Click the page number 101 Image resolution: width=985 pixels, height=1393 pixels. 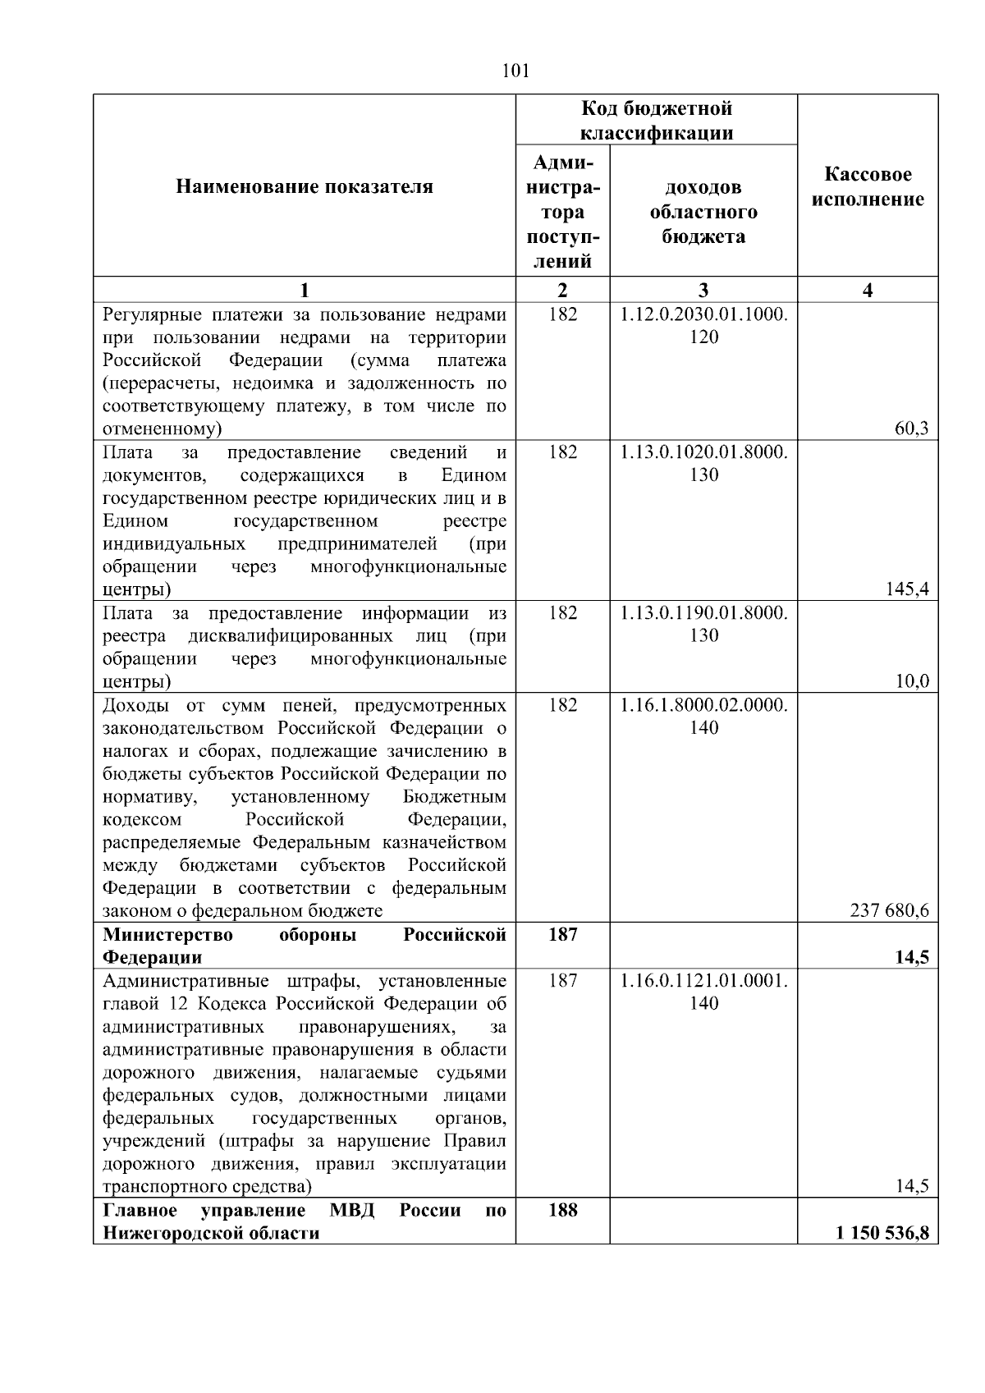click(515, 71)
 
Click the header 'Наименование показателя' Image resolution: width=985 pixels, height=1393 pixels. click(304, 187)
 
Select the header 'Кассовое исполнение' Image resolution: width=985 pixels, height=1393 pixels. click(868, 187)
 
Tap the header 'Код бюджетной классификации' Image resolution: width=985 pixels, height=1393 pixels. click(657, 121)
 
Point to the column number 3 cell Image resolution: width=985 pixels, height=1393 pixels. click(703, 290)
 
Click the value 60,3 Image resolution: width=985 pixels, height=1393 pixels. click(911, 428)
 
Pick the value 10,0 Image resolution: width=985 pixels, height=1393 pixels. click(911, 681)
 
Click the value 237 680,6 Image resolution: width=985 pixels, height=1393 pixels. click(890, 911)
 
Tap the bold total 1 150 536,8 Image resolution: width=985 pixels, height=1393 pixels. click(882, 1233)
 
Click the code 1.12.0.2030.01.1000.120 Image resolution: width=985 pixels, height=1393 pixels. click(703, 326)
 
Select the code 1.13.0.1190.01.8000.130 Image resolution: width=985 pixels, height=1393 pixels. click(703, 625)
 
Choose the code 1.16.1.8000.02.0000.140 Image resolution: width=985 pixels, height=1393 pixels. click(703, 717)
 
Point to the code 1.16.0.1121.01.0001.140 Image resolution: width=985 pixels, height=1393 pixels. click(703, 992)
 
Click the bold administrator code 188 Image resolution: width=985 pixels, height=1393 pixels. click(562, 1211)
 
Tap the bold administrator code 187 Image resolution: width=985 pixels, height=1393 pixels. click(562, 935)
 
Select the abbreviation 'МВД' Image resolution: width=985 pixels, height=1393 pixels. click(351, 1211)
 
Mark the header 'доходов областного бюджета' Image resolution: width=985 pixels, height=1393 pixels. click(703, 212)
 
